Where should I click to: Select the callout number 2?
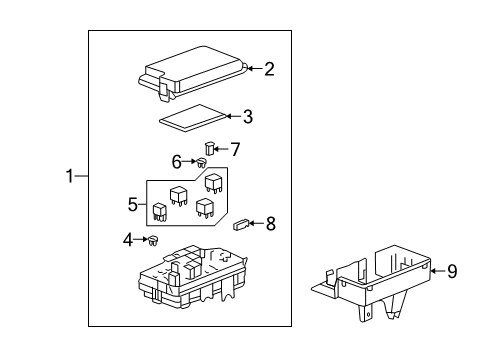tap(269, 69)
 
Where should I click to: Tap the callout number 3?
tap(247, 116)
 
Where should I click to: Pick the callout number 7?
tap(236, 150)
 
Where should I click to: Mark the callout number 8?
tap(270, 224)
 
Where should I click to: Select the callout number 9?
tap(451, 269)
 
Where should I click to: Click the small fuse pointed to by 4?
tap(156, 239)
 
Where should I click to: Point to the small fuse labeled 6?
tap(201, 162)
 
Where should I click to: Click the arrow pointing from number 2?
tap(253, 69)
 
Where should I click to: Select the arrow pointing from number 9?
tap(436, 269)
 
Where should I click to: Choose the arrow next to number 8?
tap(257, 224)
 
